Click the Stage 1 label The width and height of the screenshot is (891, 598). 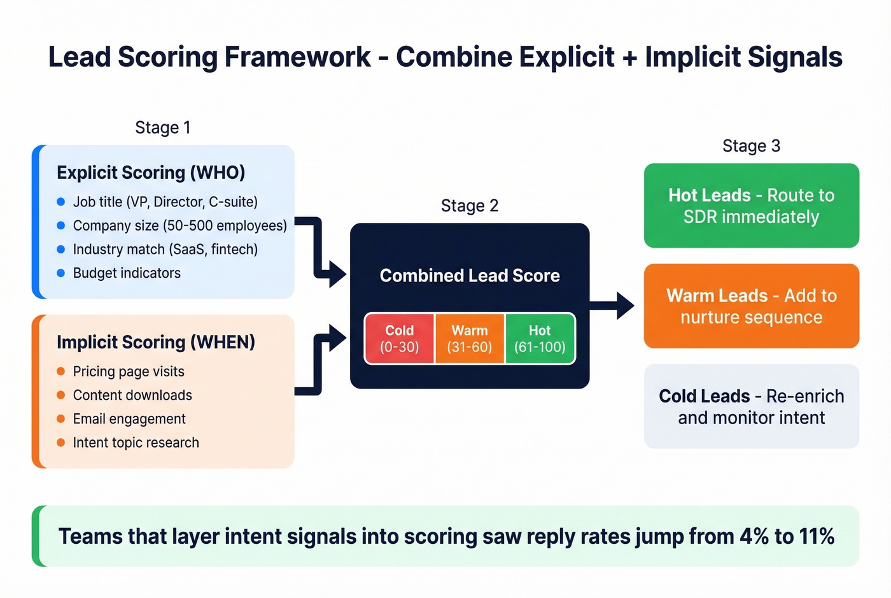tap(162, 127)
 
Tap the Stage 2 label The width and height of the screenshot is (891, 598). tap(469, 206)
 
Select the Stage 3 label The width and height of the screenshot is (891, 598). tap(751, 146)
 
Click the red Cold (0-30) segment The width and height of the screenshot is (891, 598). tap(399, 339)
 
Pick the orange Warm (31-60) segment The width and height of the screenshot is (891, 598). tap(469, 339)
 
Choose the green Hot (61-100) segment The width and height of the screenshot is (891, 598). tap(540, 339)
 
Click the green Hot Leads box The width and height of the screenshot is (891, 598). tap(751, 206)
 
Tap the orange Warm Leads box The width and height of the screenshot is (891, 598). tap(751, 306)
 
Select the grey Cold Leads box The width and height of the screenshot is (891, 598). tap(751, 406)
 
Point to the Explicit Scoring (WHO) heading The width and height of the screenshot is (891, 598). tap(151, 173)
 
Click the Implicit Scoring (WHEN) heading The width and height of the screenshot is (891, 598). tap(156, 342)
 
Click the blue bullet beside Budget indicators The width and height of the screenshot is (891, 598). tap(61, 273)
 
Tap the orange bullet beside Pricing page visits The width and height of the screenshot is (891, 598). tap(61, 371)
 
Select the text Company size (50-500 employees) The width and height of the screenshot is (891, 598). tap(179, 225)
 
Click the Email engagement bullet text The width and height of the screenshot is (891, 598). tap(129, 419)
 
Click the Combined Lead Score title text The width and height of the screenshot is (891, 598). tap(469, 276)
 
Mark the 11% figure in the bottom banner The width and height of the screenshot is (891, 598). tap(817, 536)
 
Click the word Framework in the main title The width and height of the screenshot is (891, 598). tap(297, 57)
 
